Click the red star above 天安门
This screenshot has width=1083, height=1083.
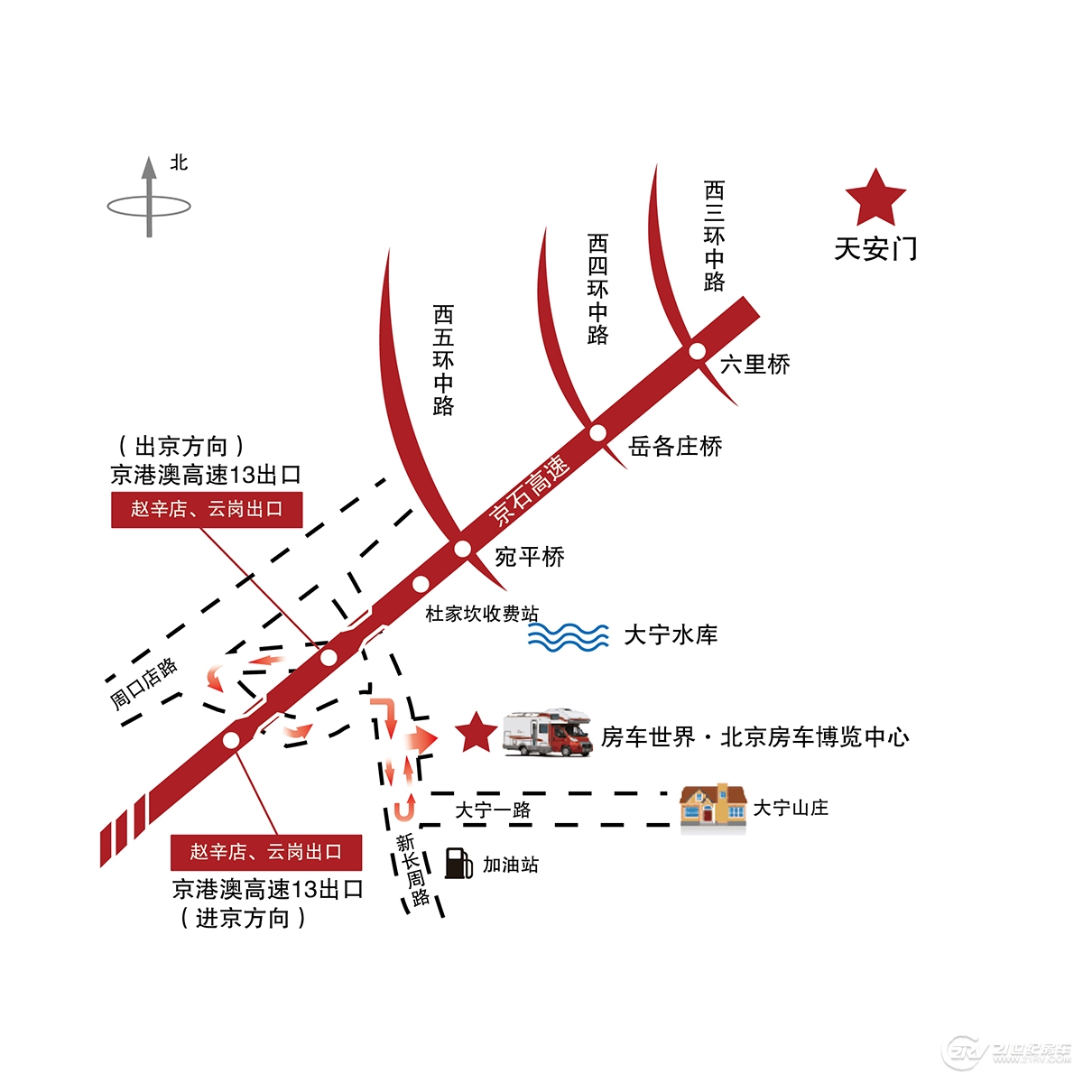tap(875, 198)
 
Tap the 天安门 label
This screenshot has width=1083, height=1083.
tap(875, 249)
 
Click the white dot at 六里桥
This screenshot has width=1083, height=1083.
tap(697, 351)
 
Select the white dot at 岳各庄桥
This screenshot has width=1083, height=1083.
tap(597, 433)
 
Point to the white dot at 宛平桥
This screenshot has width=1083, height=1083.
tap(462, 548)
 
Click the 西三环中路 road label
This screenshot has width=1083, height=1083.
tap(714, 236)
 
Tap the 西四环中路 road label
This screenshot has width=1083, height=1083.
tap(597, 289)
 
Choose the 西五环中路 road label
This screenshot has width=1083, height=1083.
tap(443, 359)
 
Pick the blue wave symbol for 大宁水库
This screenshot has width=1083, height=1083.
tap(569, 636)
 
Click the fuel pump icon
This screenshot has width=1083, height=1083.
tap(458, 863)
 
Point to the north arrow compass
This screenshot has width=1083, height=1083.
tap(149, 200)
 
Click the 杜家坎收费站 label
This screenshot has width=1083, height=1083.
tap(482, 614)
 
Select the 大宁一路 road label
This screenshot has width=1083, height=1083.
tap(493, 810)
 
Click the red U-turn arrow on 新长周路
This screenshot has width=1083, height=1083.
tap(405, 806)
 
